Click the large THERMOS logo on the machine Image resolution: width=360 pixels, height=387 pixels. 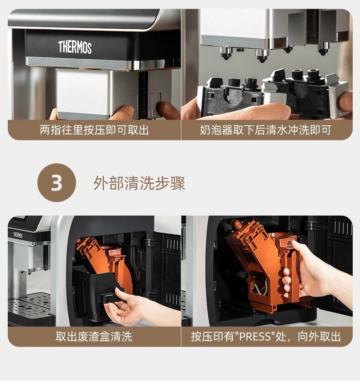75,47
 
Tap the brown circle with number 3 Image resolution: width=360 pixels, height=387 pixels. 57,183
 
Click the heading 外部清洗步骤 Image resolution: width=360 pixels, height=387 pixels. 139,183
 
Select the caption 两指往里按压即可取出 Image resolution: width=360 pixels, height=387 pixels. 94,130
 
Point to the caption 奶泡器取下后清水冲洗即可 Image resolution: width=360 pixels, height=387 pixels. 265,130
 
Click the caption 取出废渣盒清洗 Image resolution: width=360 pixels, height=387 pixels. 94,336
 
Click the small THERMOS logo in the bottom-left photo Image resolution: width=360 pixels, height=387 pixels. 18,235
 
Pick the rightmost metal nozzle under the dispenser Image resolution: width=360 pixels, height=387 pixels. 324,48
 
